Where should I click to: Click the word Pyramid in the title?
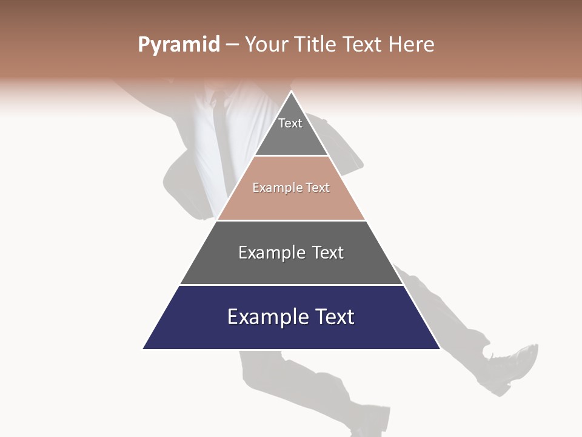pos(178,45)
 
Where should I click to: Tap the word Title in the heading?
pos(314,45)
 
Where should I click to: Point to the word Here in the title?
pos(412,45)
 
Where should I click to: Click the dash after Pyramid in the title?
pos(232,45)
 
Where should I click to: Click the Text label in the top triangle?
pos(290,123)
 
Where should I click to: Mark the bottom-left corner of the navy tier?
pos(144,348)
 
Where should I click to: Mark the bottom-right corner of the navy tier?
pos(439,348)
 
